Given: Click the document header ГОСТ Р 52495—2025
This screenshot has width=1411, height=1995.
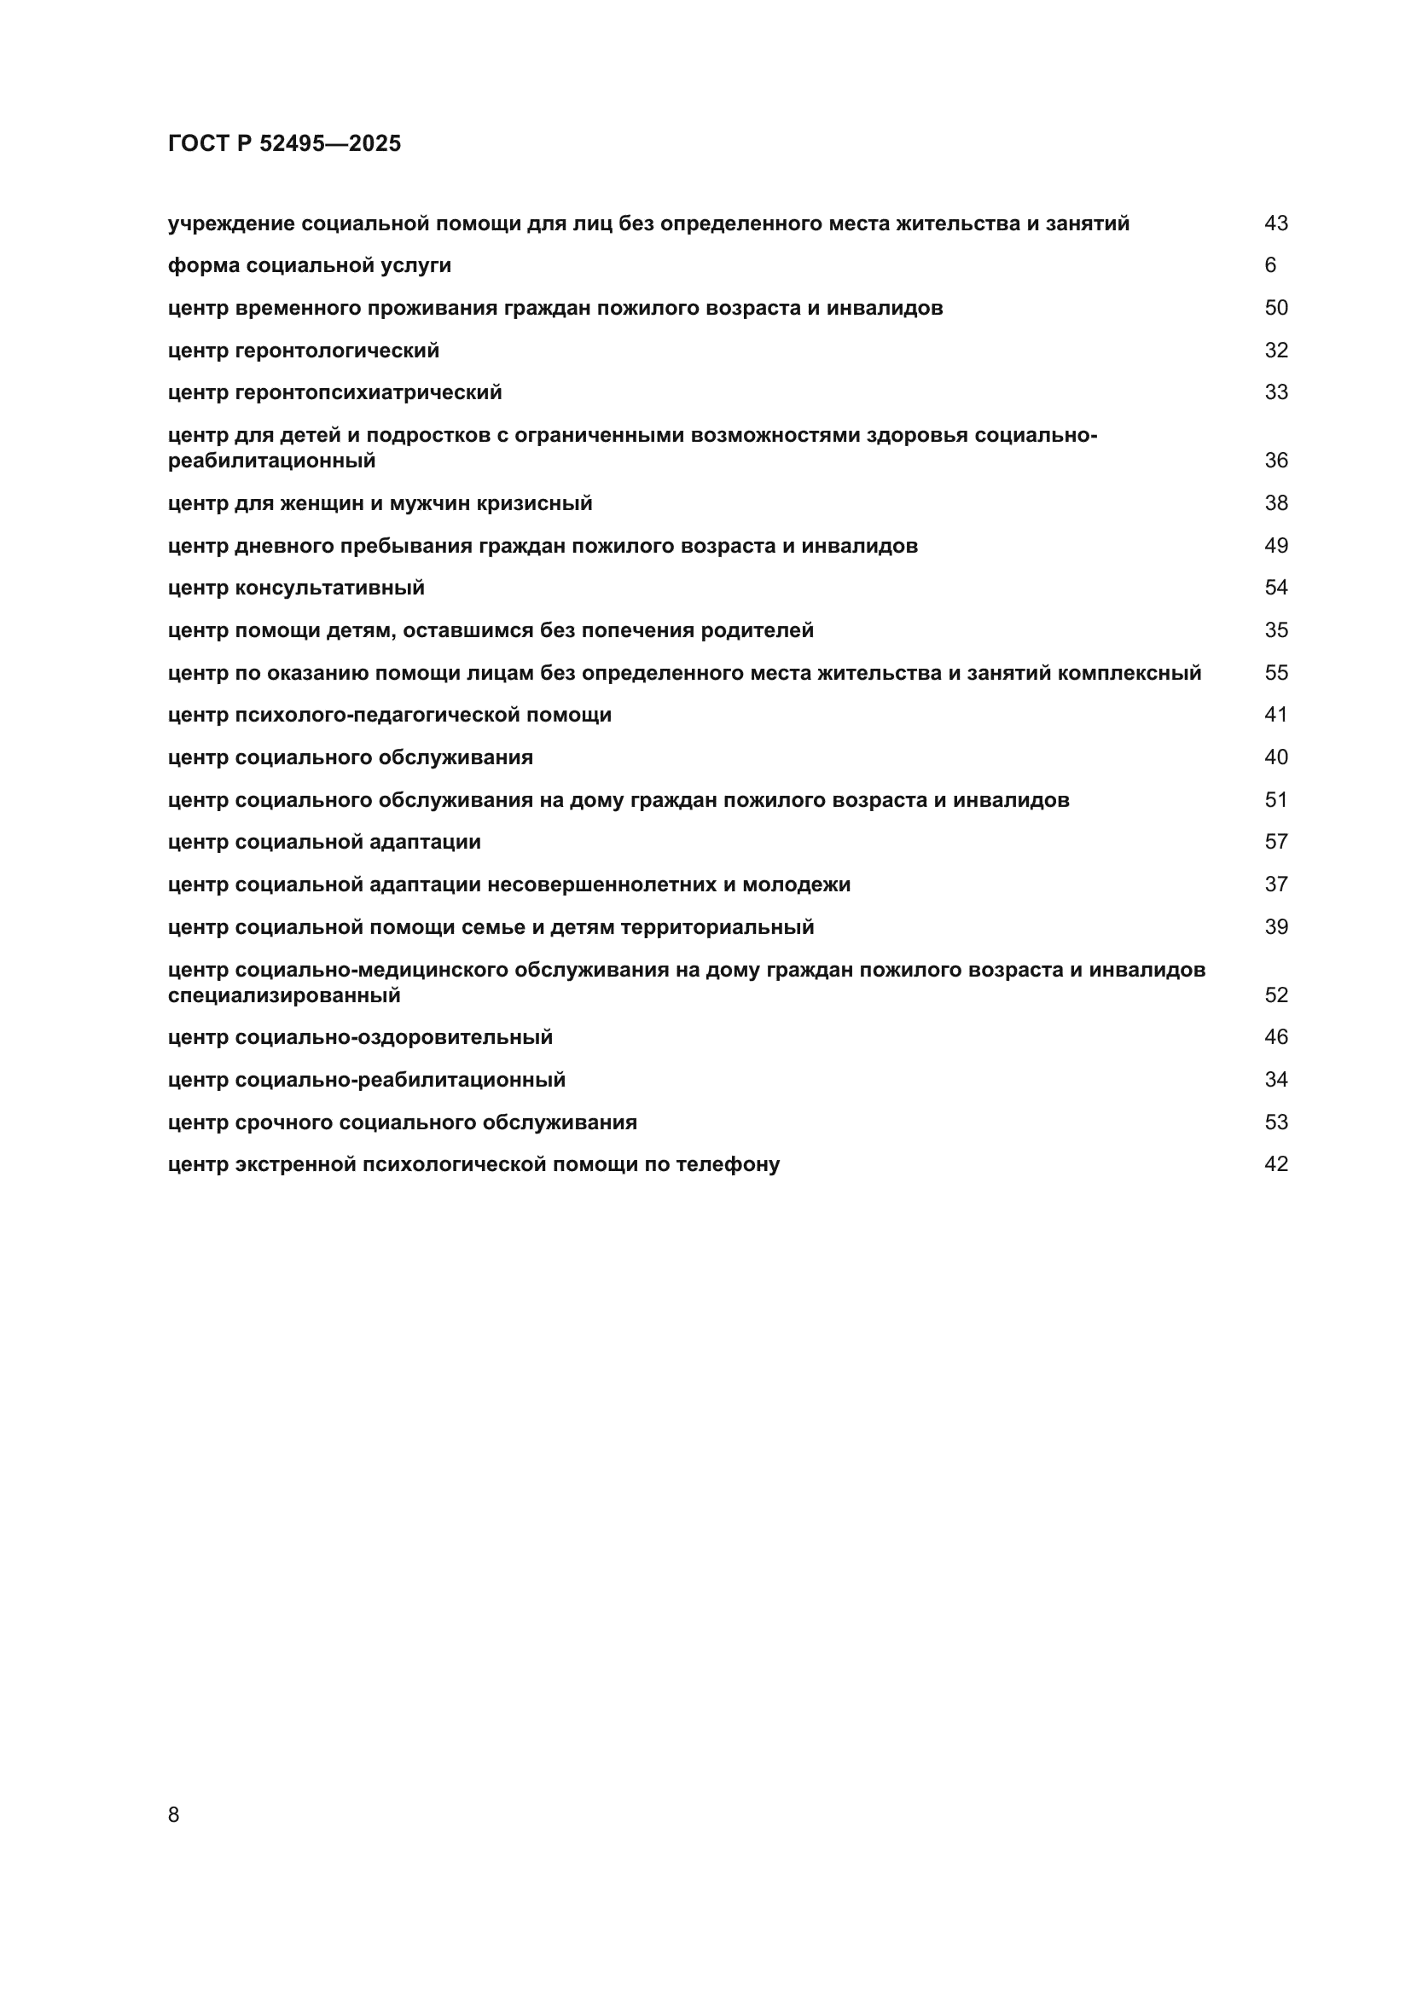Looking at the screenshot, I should coord(284,143).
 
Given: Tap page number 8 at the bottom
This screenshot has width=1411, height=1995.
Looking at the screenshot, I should coord(174,1814).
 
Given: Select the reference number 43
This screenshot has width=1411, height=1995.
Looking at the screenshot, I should coord(1275,223).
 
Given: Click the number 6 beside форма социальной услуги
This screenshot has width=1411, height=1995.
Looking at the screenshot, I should coord(1270,265).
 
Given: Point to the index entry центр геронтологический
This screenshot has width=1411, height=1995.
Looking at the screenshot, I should coord(303,351).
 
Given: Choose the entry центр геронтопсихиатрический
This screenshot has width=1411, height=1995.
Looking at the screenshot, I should coord(334,392).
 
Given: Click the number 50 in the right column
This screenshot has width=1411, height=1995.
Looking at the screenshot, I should coord(1275,308).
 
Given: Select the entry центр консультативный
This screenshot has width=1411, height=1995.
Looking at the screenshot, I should coord(296,589).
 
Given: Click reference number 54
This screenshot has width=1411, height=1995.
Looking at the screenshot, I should coord(1275,588).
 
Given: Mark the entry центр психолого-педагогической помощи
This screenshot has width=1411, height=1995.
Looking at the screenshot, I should coord(389,715).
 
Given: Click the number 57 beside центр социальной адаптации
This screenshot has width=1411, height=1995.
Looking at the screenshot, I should coord(1275,841).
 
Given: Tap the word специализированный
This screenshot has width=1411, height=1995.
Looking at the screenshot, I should coord(284,995).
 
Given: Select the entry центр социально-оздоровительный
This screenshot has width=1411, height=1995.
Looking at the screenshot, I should coord(360,1037).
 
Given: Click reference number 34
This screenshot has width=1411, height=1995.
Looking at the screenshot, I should coord(1275,1079).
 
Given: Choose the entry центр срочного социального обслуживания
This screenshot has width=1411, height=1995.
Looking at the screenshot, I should coord(403,1122).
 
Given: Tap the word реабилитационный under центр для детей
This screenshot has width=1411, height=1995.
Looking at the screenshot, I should coord(272,461).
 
